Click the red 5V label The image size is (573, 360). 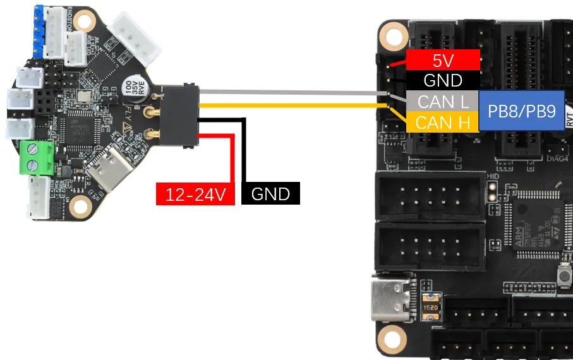443,60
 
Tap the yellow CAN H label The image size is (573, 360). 443,121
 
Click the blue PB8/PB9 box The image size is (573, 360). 521,112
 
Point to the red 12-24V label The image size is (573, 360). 195,193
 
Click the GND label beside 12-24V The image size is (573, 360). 270,193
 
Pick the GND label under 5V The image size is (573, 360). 443,80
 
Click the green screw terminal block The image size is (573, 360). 36,157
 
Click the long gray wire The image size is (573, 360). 291,92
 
